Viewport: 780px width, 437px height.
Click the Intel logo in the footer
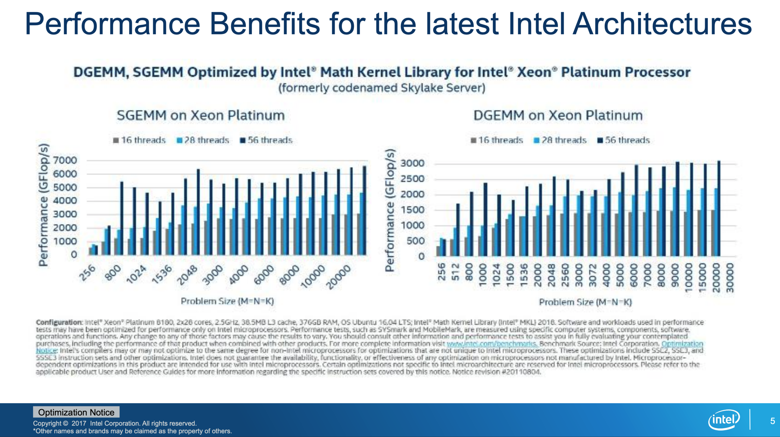pyautogui.click(x=724, y=420)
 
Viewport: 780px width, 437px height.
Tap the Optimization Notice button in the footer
pyautogui.click(x=76, y=412)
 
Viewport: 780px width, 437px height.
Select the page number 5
pyautogui.click(x=772, y=421)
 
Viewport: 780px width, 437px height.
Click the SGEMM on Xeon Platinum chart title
pyautogui.click(x=201, y=116)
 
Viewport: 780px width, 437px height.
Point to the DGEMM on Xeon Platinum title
pyautogui.click(x=558, y=116)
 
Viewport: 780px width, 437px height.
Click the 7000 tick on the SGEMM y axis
pyautogui.click(x=65, y=160)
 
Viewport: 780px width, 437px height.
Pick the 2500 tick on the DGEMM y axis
pyautogui.click(x=412, y=179)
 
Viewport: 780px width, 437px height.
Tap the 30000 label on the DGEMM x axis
pyautogui.click(x=730, y=278)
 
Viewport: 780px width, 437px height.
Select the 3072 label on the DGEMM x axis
pyautogui.click(x=592, y=275)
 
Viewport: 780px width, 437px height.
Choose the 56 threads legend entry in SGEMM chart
pyautogui.click(x=266, y=140)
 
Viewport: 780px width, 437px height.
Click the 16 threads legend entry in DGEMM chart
pyautogui.click(x=497, y=140)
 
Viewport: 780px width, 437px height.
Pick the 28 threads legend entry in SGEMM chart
pyautogui.click(x=203, y=140)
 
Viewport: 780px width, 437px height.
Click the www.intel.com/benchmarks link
pyautogui.click(x=492, y=343)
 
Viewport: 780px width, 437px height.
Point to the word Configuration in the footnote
pyautogui.click(x=59, y=322)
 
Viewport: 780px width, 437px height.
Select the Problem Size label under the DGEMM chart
pyautogui.click(x=585, y=302)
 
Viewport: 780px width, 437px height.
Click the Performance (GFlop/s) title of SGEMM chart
pyautogui.click(x=43, y=205)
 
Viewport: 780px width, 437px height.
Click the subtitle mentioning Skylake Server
pyautogui.click(x=382, y=88)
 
